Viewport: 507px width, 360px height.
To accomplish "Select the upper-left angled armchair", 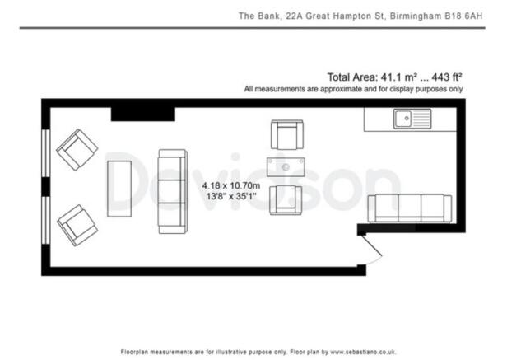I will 77,149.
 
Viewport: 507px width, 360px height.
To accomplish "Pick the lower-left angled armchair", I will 77,224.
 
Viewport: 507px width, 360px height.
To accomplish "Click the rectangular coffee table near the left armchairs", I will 120,189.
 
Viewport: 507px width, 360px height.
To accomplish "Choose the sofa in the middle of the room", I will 173,191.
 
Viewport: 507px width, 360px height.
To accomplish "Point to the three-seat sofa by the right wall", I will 410,208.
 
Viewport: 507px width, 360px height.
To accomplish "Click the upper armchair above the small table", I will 286,134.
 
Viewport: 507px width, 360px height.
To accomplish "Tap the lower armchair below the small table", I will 286,199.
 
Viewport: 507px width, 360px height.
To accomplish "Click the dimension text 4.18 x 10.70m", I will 231,186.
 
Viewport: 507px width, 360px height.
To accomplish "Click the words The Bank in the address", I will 258,14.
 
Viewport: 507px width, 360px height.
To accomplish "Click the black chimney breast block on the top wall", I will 142,113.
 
